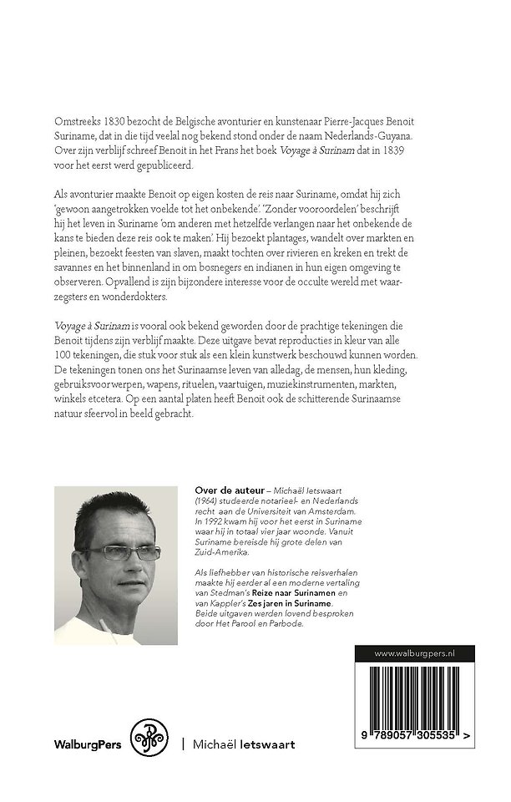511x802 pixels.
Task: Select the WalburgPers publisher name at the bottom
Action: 89,743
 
